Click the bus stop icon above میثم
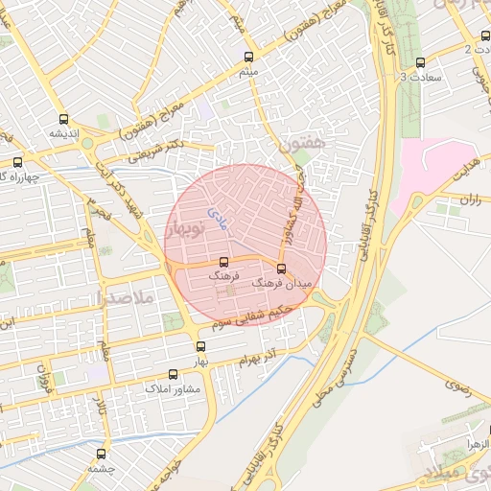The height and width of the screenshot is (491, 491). pyautogui.click(x=249, y=58)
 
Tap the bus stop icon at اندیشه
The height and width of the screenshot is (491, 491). pyautogui.click(x=64, y=120)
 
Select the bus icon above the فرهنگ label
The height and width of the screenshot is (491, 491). pyautogui.click(x=224, y=262)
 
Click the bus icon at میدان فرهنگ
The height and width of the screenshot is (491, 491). pyautogui.click(x=281, y=269)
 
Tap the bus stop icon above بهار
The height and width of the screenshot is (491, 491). pyautogui.click(x=200, y=347)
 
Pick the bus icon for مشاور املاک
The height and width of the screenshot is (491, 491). pyautogui.click(x=173, y=375)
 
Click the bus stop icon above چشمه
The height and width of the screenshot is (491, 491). pyautogui.click(x=102, y=454)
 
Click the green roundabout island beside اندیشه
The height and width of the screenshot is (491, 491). pyautogui.click(x=87, y=143)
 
